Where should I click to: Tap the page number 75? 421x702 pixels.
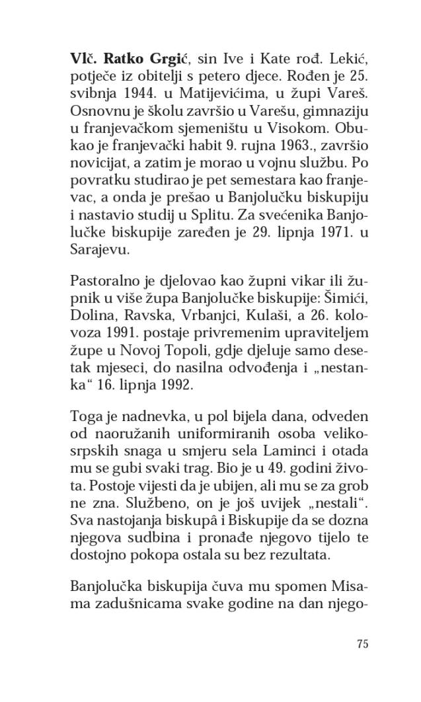tap(362, 645)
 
